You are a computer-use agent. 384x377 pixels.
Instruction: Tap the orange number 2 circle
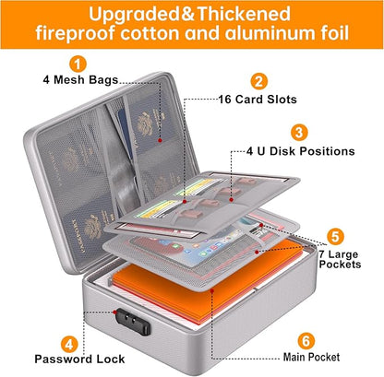pos(260,81)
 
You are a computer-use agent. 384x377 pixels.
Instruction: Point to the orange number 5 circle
pos(336,236)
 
